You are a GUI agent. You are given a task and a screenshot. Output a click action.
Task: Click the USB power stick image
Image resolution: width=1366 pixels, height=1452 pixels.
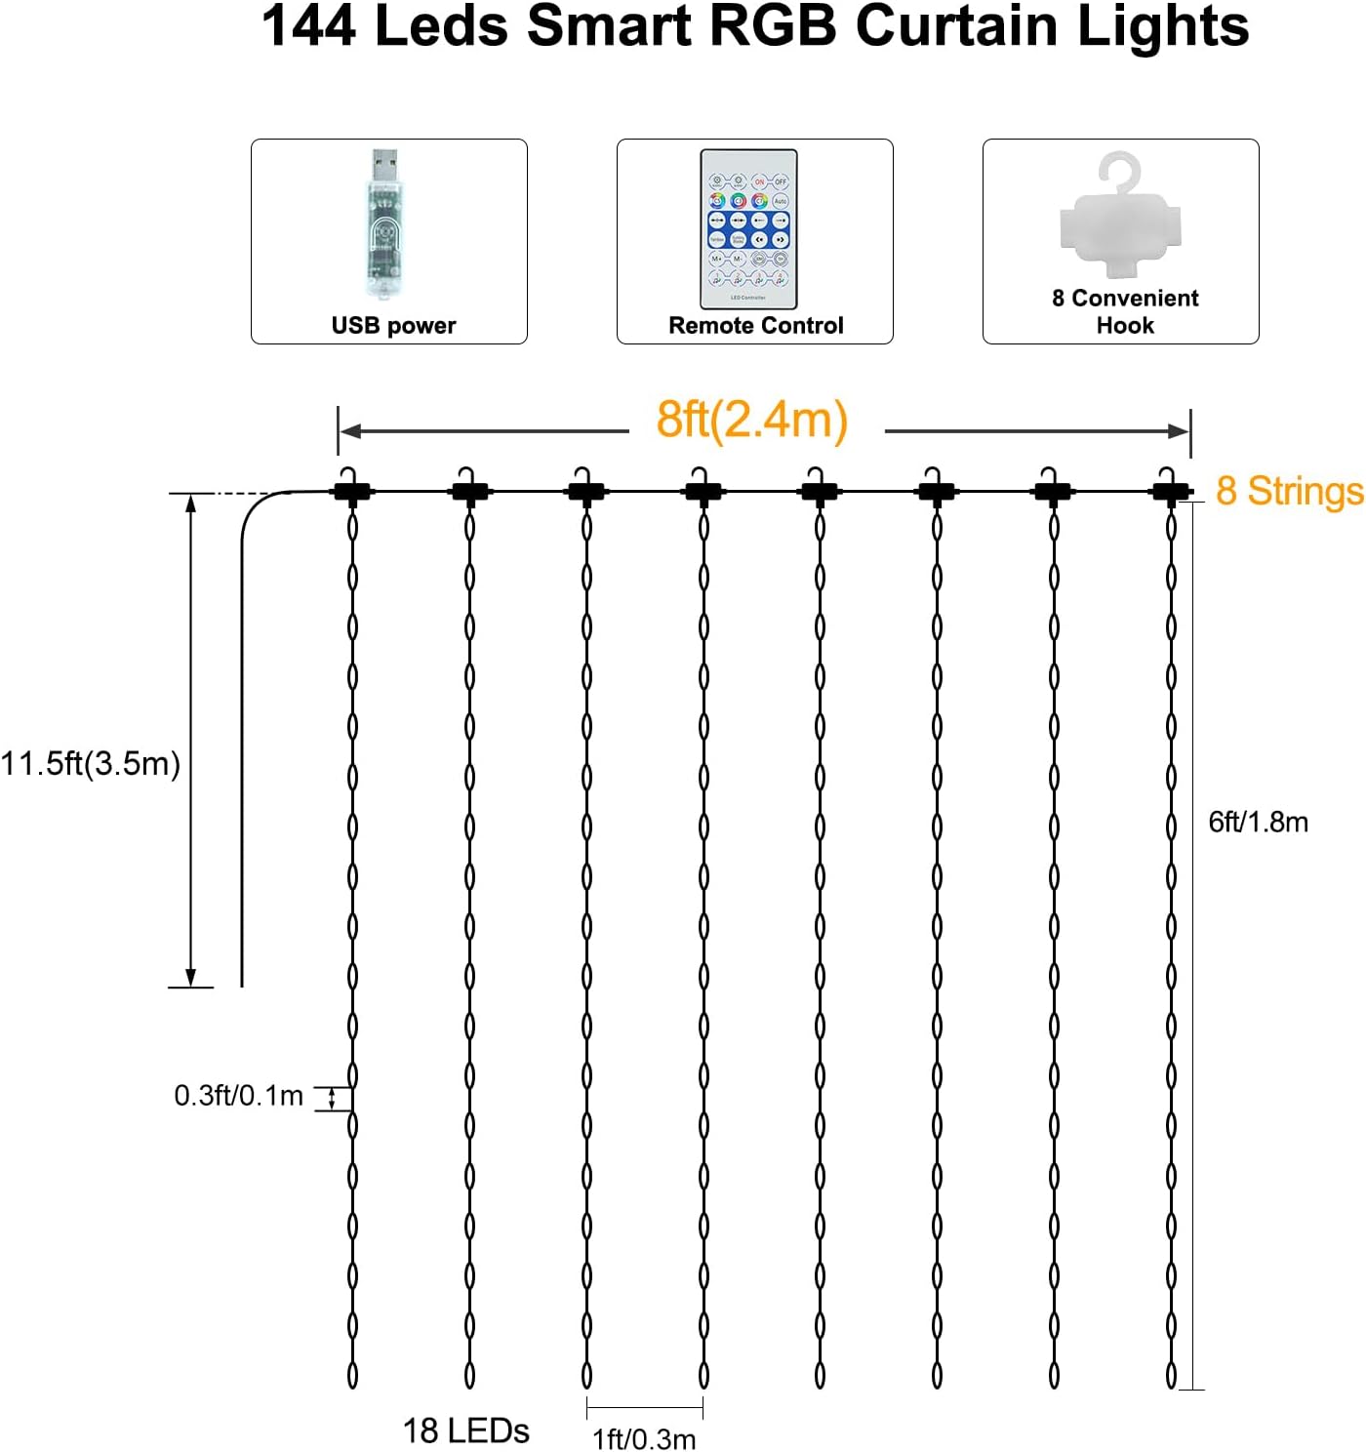(384, 227)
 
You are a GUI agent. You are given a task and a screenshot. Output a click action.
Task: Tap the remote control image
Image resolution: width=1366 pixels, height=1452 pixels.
(748, 228)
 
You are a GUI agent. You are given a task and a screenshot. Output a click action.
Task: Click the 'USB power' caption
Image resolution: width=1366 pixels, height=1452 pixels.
(393, 326)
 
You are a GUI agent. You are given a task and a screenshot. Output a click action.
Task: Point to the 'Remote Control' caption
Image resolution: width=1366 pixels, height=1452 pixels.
(755, 326)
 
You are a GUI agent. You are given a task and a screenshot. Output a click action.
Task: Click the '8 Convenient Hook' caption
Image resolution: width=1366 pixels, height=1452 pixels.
(1125, 311)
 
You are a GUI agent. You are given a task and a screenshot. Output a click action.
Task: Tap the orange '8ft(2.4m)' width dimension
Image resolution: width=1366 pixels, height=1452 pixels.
(751, 421)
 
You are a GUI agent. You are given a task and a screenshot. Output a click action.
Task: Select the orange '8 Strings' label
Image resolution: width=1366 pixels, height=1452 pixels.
(1289, 491)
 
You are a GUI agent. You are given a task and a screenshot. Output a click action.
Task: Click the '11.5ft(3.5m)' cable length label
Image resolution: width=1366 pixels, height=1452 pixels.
(91, 763)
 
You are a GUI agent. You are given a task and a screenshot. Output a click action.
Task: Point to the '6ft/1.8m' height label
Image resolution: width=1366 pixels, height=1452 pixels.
(1258, 822)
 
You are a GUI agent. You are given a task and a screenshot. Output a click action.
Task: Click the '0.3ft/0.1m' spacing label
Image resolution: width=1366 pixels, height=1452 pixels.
(238, 1096)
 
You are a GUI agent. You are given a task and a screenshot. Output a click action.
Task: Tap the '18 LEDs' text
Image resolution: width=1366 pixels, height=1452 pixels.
(465, 1431)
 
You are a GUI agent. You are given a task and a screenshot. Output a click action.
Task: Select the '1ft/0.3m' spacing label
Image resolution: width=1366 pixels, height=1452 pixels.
(644, 1438)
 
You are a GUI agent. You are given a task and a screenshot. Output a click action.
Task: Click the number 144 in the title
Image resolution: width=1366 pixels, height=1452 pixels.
(309, 26)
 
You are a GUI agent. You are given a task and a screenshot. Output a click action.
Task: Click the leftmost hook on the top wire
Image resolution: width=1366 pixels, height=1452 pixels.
(352, 486)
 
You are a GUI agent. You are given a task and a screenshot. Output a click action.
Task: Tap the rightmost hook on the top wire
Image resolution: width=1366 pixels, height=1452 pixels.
(1168, 486)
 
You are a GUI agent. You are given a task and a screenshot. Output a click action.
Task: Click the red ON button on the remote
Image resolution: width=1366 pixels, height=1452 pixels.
(759, 181)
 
